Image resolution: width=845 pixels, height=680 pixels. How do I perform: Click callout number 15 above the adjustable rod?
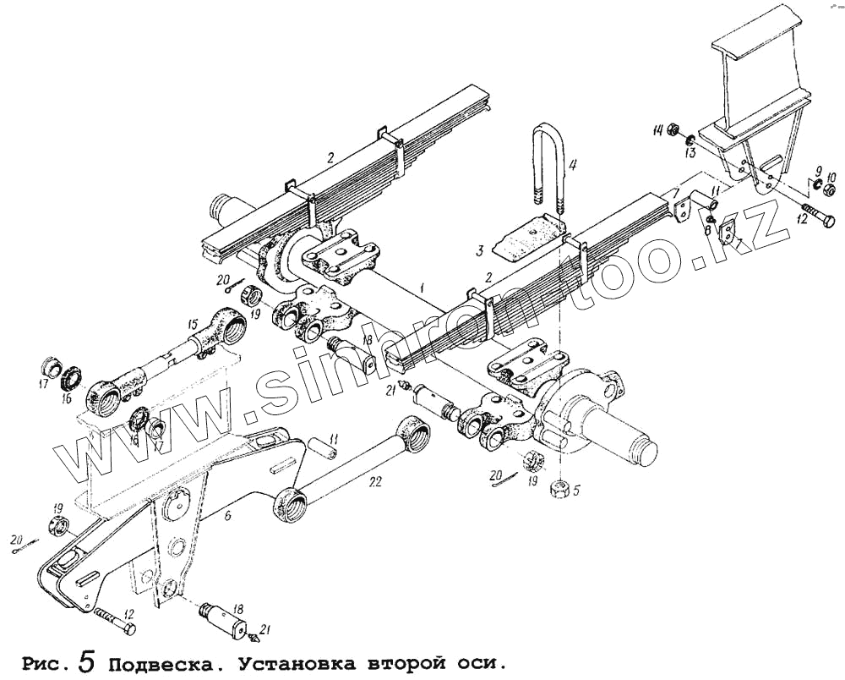(192, 323)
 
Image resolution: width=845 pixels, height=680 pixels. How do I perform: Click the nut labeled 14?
(674, 131)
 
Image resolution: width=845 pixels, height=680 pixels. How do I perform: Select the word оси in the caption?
(468, 660)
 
